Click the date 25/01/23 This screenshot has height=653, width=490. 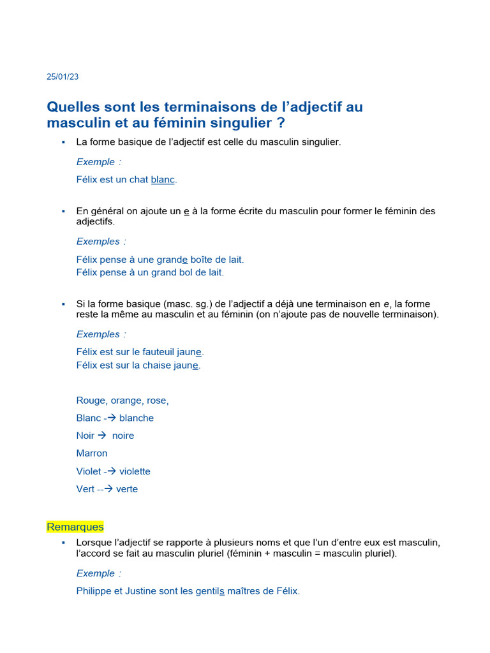point(63,77)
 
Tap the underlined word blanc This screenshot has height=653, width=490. point(163,180)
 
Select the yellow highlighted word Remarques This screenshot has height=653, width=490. point(75,527)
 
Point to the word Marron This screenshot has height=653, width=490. point(92,453)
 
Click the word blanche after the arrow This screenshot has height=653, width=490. point(137,418)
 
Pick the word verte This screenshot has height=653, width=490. point(127,490)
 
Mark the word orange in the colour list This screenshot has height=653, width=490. point(128,400)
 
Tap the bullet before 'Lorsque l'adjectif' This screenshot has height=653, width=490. point(63,542)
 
